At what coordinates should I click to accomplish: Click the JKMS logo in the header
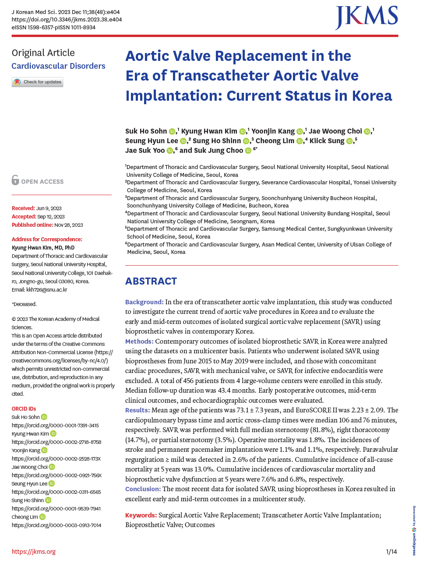pyautogui.click(x=367, y=18)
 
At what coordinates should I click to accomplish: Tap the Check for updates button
pyautogui.click(x=38, y=82)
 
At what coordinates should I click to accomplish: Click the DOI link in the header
pyautogui.click(x=67, y=20)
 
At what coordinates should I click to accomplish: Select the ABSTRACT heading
pyautogui.click(x=151, y=281)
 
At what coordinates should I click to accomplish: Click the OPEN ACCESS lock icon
pyautogui.click(x=15, y=180)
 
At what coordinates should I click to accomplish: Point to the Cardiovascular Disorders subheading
pyautogui.click(x=58, y=66)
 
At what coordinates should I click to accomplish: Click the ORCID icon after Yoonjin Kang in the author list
pyautogui.click(x=300, y=131)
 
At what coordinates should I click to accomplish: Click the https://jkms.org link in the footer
pyautogui.click(x=34, y=552)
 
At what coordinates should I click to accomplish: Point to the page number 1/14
pyautogui.click(x=391, y=552)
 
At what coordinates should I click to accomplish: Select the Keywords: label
pyautogui.click(x=141, y=515)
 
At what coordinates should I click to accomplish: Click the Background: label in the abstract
pyautogui.click(x=144, y=302)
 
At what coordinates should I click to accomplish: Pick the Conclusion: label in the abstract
pyautogui.click(x=143, y=489)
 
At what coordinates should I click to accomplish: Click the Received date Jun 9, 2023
pyautogui.click(x=49, y=208)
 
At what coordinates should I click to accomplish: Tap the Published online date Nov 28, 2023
pyautogui.click(x=68, y=225)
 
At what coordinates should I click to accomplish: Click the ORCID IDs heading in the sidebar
pyautogui.click(x=24, y=408)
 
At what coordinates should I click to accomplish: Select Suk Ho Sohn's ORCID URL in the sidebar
pyautogui.click(x=55, y=426)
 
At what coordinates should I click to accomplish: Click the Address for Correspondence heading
pyautogui.click(x=47, y=239)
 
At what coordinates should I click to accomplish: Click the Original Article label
pyautogui.click(x=43, y=53)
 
